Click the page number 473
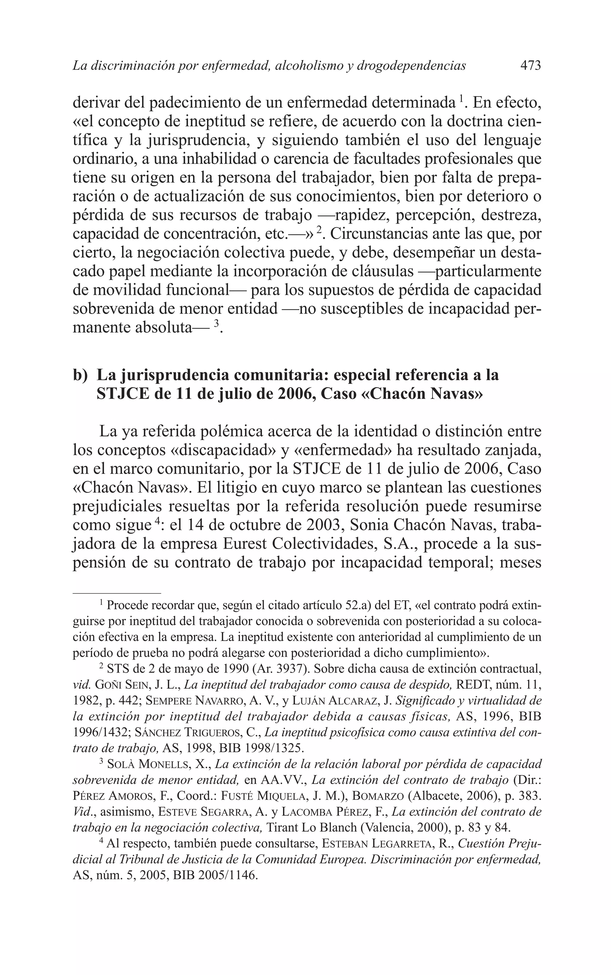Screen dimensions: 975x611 530,65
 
